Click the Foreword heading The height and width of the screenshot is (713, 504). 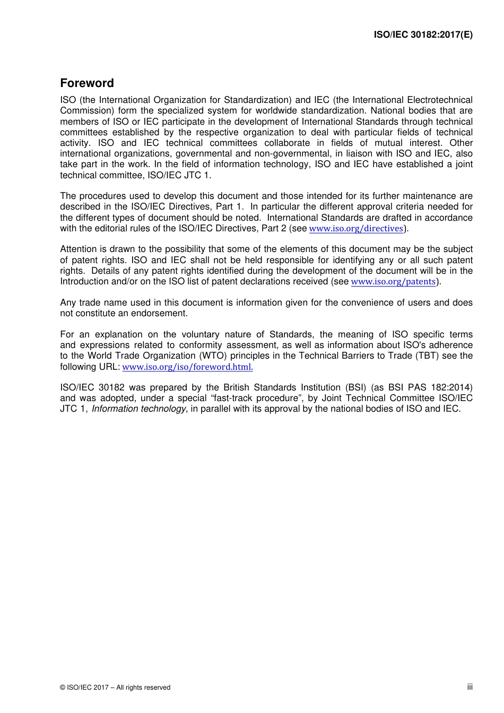pyautogui.click(x=87, y=83)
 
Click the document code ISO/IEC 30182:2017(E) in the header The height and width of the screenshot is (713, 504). pyautogui.click(x=423, y=35)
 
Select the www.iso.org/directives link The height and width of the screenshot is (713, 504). pyautogui.click(x=356, y=229)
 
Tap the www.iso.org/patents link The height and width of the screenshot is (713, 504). pyautogui.click(x=393, y=282)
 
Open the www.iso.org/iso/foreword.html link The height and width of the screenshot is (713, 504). pyautogui.click(x=187, y=367)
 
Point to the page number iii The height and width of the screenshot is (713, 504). pyautogui.click(x=470, y=687)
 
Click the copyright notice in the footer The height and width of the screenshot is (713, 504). pyautogui.click(x=115, y=688)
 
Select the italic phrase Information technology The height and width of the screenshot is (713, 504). pyautogui.click(x=138, y=409)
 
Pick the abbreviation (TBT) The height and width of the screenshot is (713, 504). pyautogui.click(x=425, y=356)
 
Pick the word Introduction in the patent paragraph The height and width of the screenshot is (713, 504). pyautogui.click(x=84, y=282)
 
